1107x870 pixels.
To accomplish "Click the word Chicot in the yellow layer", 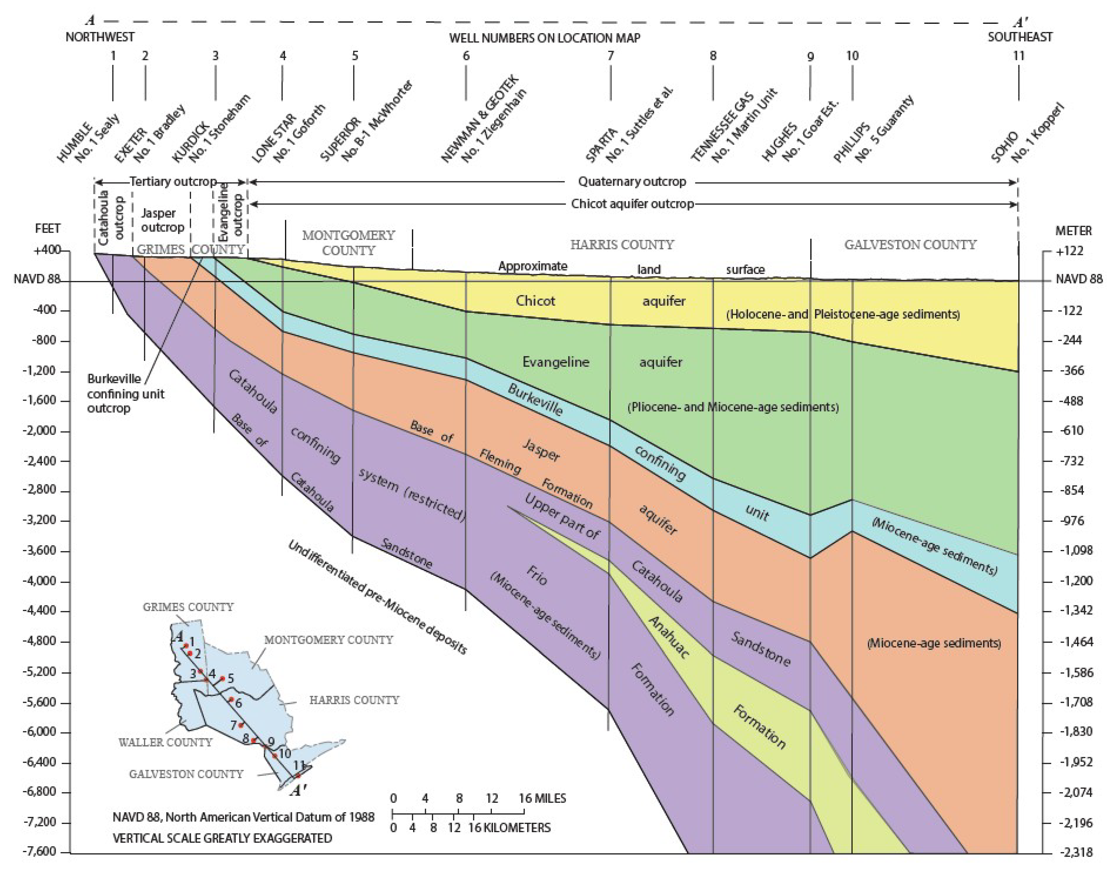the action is pyautogui.click(x=535, y=301).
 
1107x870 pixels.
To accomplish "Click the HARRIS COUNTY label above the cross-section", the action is pyautogui.click(x=622, y=245).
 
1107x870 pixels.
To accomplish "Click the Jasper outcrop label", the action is pyautogui.click(x=162, y=220).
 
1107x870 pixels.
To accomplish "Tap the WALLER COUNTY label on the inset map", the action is pyautogui.click(x=165, y=742).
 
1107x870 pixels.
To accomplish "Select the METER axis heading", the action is pyautogui.click(x=1073, y=231).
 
